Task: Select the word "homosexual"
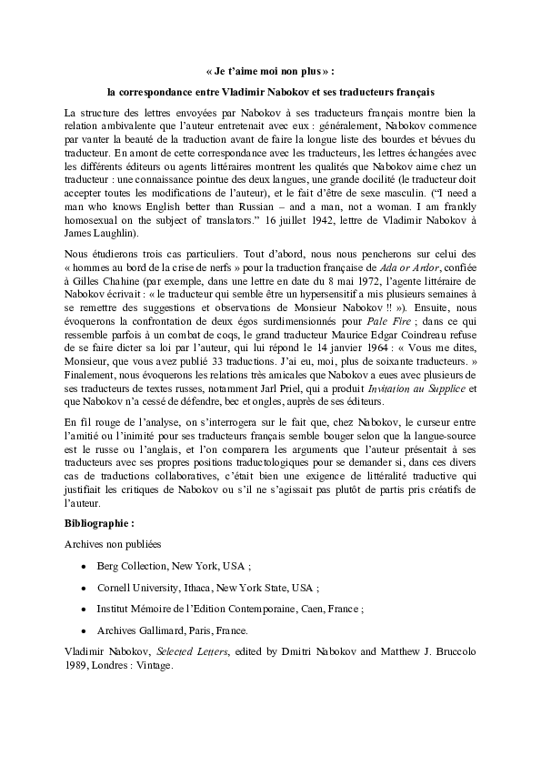[x=98, y=219]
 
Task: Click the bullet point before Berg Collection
[x=84, y=566]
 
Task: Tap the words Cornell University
[x=137, y=588]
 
